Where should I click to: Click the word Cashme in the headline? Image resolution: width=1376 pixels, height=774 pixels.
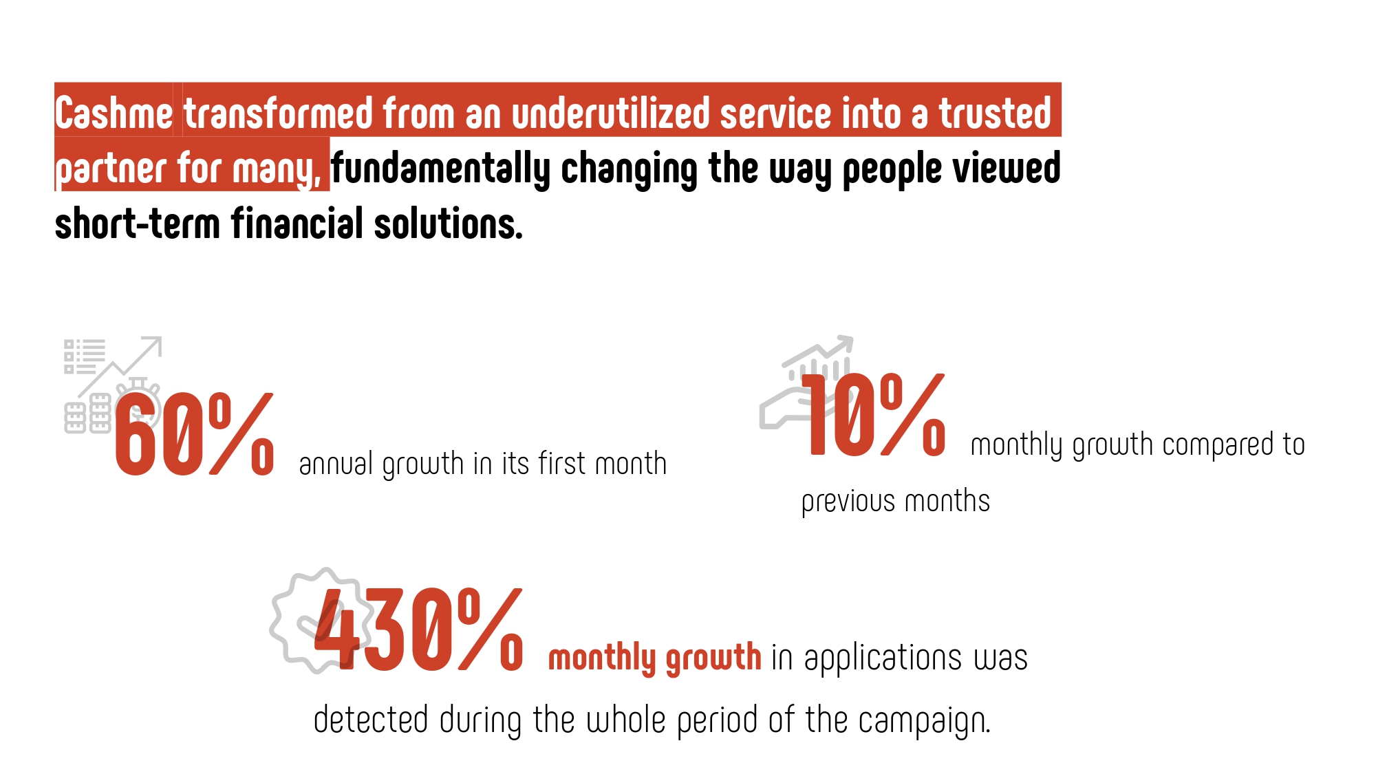tap(114, 114)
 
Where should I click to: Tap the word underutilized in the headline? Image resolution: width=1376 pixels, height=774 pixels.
tap(610, 113)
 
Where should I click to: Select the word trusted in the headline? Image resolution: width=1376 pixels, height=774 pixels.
tap(995, 113)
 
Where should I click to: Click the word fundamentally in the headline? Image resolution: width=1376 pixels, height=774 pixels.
tap(440, 169)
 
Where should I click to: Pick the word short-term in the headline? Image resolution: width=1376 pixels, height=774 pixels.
tap(137, 224)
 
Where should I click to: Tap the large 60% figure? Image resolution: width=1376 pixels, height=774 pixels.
tap(195, 435)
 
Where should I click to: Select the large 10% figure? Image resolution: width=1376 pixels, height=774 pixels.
tap(874, 415)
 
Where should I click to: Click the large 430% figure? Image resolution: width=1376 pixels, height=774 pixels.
tap(418, 630)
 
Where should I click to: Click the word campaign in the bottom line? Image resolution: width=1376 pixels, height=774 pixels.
tap(924, 721)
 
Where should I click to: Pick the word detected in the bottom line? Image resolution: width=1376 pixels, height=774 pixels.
tap(371, 720)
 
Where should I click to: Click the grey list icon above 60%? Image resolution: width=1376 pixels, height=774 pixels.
tap(84, 356)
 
